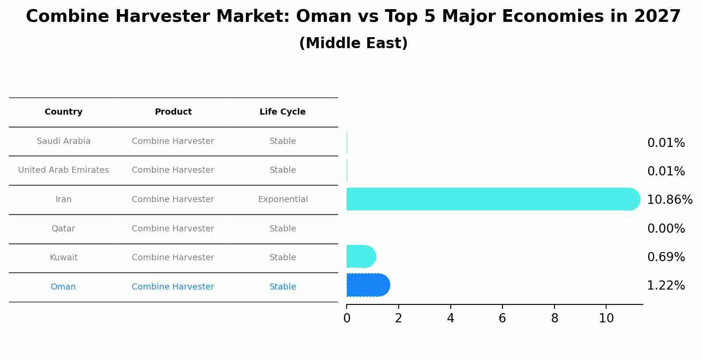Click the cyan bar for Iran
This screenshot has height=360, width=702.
493,199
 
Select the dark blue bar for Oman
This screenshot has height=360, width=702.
368,285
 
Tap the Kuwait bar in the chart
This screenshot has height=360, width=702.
362,256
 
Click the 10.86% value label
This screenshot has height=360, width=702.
670,199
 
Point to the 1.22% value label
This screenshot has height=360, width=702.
666,286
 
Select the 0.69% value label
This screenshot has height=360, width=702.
666,257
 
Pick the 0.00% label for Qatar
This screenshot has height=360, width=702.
666,228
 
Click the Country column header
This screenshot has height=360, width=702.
63,112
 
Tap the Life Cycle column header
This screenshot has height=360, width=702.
282,112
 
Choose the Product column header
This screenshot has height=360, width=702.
173,112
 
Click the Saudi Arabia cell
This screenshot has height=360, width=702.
63,141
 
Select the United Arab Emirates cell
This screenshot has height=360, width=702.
63,170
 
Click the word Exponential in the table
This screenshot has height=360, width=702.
283,199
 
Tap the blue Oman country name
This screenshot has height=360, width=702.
63,287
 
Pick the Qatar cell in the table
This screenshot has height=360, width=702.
63,228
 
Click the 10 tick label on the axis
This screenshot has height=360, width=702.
607,318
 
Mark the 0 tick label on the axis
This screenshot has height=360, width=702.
347,318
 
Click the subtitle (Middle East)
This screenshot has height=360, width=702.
354,43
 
